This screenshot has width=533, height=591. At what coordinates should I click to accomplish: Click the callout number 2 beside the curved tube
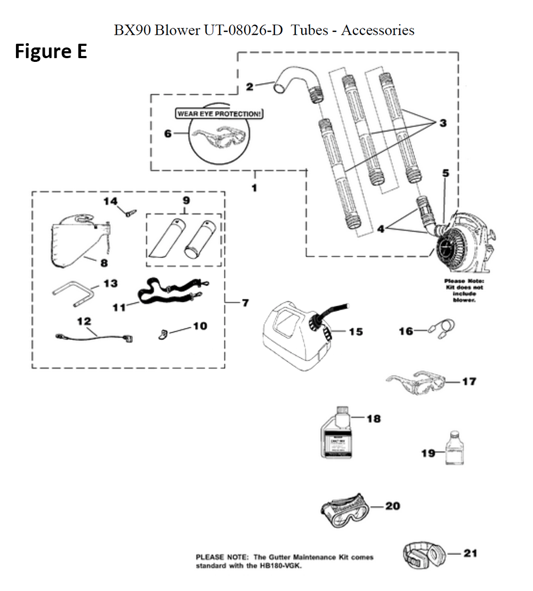tap(249, 86)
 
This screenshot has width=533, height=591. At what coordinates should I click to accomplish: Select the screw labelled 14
tap(128, 212)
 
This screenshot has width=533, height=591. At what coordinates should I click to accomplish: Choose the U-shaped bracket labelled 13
tap(73, 294)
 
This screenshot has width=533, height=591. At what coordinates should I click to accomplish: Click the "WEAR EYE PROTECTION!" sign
tap(220, 114)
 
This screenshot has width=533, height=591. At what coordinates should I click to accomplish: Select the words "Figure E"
tap(51, 52)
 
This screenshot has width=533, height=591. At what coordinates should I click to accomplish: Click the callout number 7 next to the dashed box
tap(245, 303)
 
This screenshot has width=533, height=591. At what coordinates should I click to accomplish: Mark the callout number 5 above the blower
tap(446, 173)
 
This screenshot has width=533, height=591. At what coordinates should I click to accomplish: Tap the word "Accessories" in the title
tap(377, 30)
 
